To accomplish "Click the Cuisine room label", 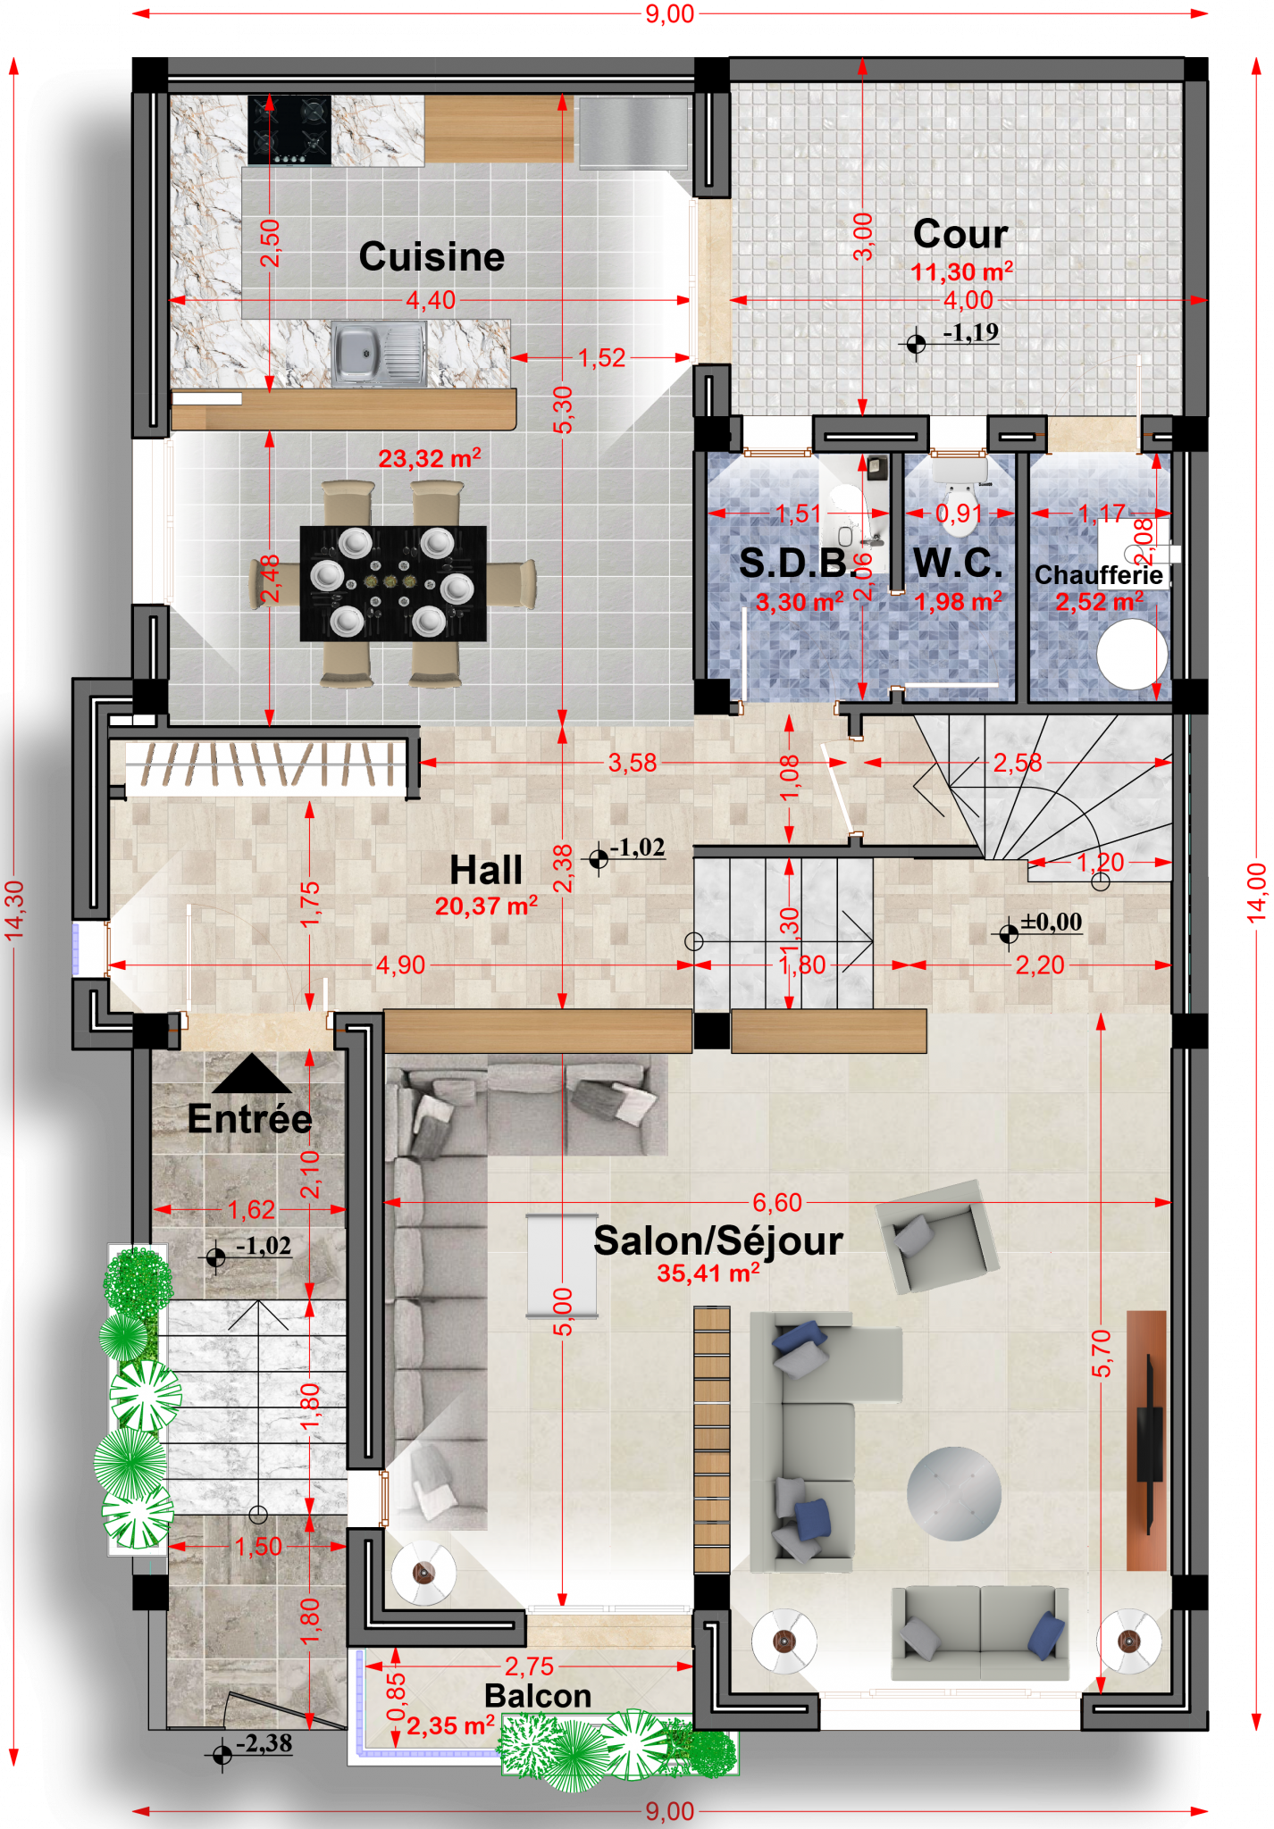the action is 432,257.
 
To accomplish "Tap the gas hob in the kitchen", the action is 289,129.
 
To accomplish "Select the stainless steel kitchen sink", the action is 379,354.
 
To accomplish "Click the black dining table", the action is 393,583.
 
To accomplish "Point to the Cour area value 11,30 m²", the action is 961,271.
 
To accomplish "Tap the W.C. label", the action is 958,563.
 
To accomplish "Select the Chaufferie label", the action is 1098,574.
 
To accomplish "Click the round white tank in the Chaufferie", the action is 1132,654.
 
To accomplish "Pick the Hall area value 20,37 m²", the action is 486,906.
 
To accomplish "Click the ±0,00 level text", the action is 1052,922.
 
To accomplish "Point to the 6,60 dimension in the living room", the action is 776,1202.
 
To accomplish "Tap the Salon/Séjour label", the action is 718,1240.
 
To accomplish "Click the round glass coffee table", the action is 953,1493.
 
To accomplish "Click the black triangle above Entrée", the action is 252,1073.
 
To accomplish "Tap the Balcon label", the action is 538,1696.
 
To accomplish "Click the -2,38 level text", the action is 264,1742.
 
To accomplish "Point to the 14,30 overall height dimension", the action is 14,910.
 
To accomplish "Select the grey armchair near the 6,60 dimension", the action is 937,1237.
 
